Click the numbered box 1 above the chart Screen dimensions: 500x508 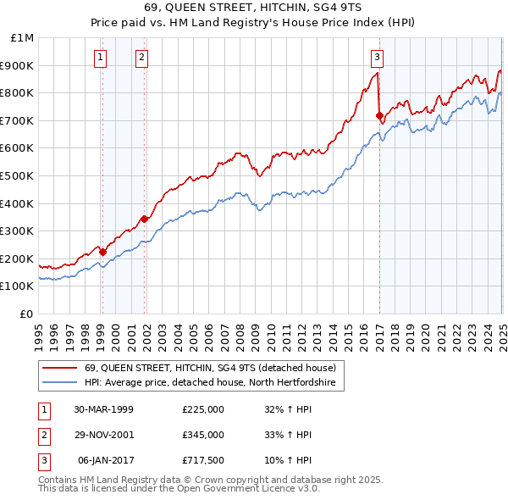[100, 58]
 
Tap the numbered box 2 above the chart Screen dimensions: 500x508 [141, 58]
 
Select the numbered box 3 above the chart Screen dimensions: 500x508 [377, 58]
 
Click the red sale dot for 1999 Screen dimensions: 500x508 [102, 251]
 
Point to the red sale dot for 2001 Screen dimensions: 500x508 [144, 219]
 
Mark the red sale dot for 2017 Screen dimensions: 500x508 [379, 115]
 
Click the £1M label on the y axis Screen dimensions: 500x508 [23, 38]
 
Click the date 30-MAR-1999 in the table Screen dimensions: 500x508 [103, 409]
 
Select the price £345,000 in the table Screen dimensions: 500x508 [203, 435]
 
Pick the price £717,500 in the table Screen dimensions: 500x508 [203, 460]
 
